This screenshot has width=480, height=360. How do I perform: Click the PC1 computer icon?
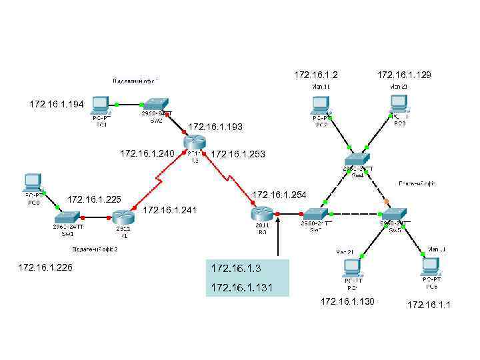101,104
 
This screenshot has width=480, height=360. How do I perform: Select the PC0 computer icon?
31,181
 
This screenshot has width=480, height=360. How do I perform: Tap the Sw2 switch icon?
157,105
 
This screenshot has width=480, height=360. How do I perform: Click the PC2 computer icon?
321,104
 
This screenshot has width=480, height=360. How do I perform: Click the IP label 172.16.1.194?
57,104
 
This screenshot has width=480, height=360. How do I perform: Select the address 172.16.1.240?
147,154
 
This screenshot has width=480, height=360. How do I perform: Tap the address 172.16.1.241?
170,211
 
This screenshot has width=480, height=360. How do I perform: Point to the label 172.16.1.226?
45,268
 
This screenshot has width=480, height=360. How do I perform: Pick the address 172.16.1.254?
279,195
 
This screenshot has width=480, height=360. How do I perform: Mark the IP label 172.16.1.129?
404,75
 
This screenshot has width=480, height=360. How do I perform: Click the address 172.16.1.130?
348,302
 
